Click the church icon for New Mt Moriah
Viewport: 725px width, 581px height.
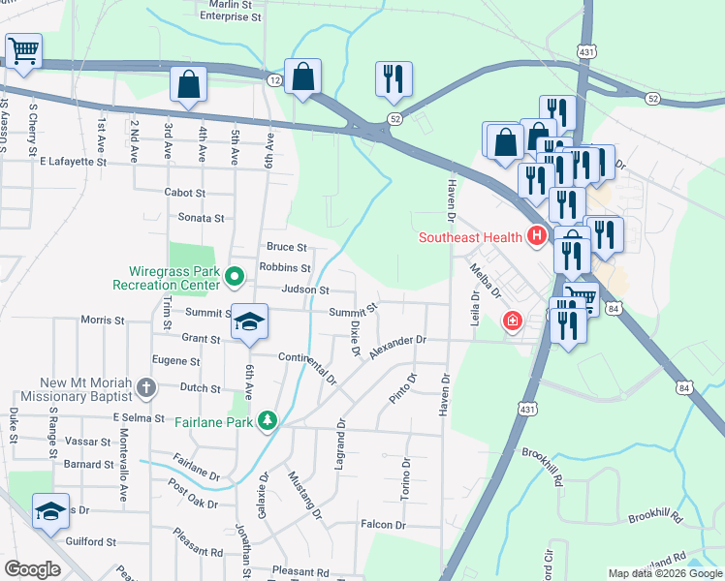[x=145, y=389]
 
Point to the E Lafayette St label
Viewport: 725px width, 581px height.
[x=73, y=162]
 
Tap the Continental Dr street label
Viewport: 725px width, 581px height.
[x=306, y=365]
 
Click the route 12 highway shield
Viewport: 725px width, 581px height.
[x=275, y=78]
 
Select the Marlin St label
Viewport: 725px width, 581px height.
[x=232, y=4]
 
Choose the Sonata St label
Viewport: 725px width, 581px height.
[x=200, y=219]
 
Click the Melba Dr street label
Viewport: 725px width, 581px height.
[x=485, y=282]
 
